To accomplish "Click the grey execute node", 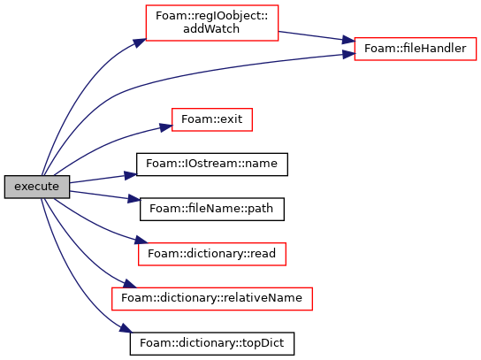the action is click(37, 187).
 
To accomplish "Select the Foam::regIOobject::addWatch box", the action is click(212, 22).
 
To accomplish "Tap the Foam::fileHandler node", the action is click(416, 49).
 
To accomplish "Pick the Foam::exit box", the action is click(212, 119).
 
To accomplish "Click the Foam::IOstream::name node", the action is click(212, 165).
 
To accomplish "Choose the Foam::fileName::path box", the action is click(212, 209).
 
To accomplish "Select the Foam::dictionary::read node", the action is click(212, 254).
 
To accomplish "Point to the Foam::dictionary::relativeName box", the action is click(212, 299).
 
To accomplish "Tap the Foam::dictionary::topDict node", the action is click(212, 343).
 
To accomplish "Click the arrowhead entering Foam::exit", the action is click(165, 127).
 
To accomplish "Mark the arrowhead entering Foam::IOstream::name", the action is click(130, 175).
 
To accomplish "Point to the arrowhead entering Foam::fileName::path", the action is click(134, 199).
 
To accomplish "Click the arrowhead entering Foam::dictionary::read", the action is click(141, 240).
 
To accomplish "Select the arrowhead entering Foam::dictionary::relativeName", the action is click(129, 284).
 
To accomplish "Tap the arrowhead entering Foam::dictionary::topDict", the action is click(126, 328).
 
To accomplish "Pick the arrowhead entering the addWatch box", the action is click(140, 42).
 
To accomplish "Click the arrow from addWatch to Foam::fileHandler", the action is click(317, 36).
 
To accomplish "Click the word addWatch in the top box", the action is click(211, 29).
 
